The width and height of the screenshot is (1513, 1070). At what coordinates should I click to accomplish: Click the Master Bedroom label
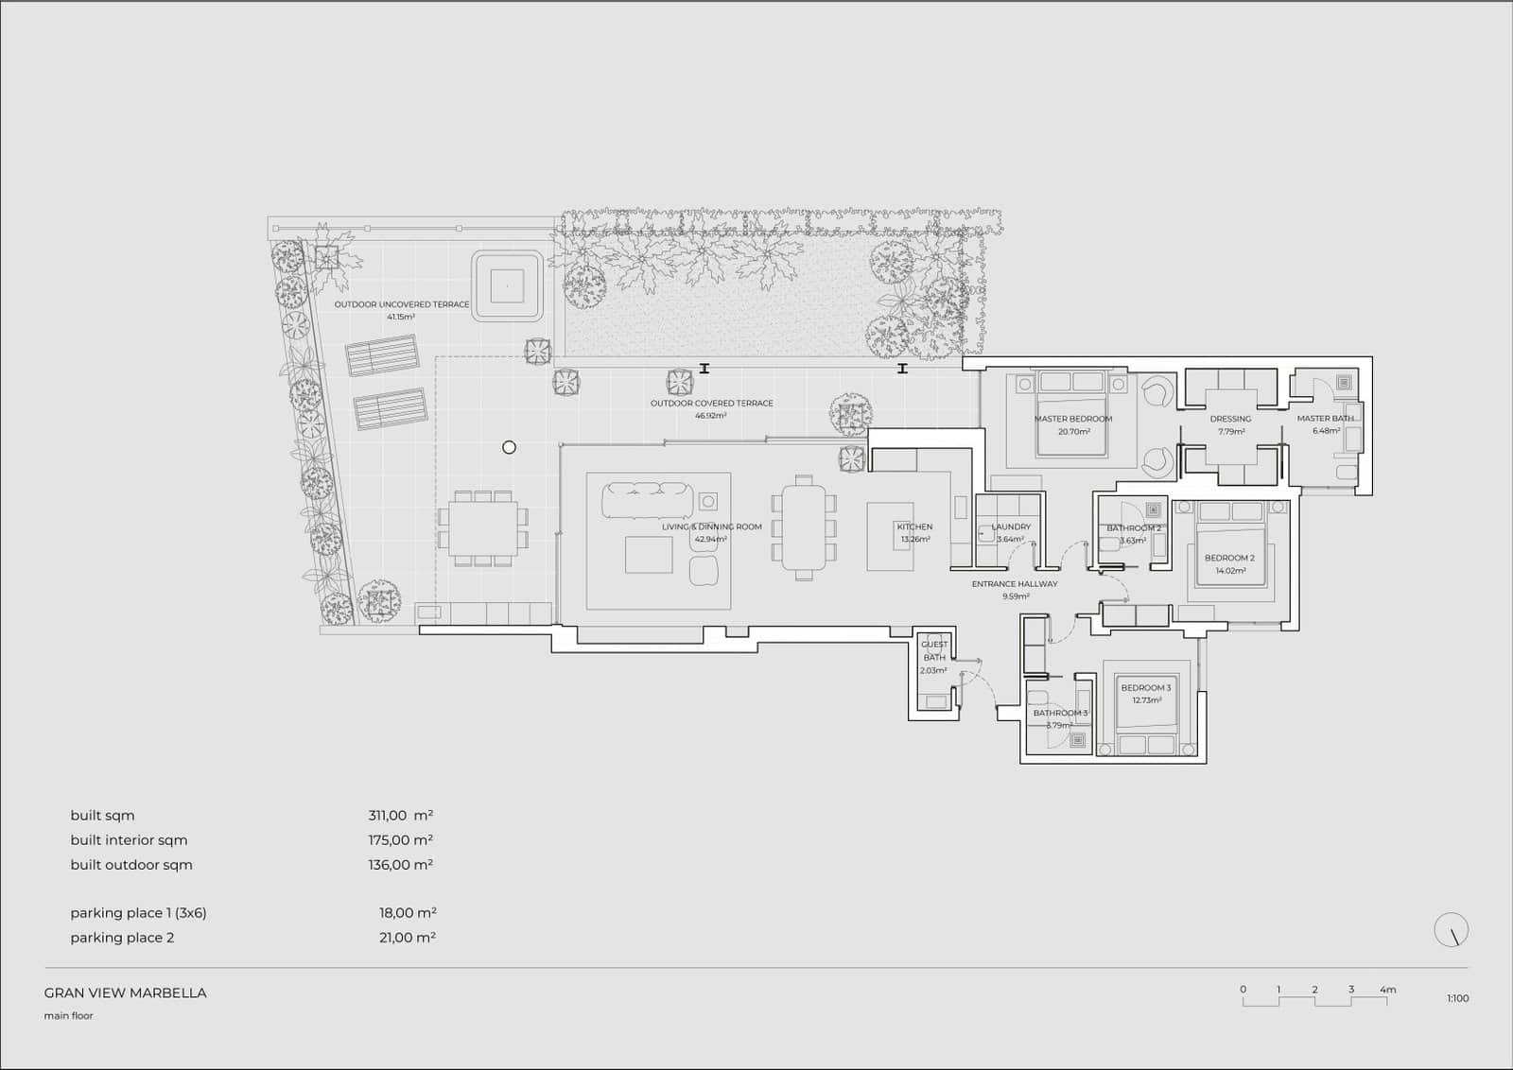tap(1072, 419)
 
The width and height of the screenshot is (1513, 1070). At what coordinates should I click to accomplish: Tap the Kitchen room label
tap(914, 527)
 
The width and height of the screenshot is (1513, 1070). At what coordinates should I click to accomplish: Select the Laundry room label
tap(1011, 527)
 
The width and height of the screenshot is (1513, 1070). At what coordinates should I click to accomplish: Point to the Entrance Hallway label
tap(1015, 584)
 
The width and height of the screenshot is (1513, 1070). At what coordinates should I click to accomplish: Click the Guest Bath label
tap(934, 651)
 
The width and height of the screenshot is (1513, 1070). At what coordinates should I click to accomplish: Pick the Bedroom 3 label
tap(1145, 688)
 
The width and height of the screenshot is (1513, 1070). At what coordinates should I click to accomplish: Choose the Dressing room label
tap(1230, 419)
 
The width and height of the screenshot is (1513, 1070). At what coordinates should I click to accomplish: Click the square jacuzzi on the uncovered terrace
tap(508, 285)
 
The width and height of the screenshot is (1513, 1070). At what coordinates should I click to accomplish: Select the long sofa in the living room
tap(649, 500)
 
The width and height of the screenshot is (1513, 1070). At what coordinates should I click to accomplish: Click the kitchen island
tap(890, 537)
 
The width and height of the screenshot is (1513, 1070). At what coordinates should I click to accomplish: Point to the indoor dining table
tap(804, 527)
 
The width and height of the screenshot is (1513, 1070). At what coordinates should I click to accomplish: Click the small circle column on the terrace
tap(509, 447)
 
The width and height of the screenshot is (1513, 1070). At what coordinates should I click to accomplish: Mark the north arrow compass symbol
tap(1452, 930)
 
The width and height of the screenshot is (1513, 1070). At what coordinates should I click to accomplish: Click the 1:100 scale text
tap(1457, 998)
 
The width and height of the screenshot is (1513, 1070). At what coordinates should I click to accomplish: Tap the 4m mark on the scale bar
tap(1387, 990)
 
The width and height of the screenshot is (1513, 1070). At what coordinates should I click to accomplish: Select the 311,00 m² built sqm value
tap(400, 816)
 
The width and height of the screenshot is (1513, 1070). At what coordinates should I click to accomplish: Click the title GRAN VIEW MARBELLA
tap(125, 993)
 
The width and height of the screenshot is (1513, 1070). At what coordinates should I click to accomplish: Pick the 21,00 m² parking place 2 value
tap(407, 938)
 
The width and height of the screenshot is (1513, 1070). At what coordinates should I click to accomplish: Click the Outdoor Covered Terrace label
tap(711, 404)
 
